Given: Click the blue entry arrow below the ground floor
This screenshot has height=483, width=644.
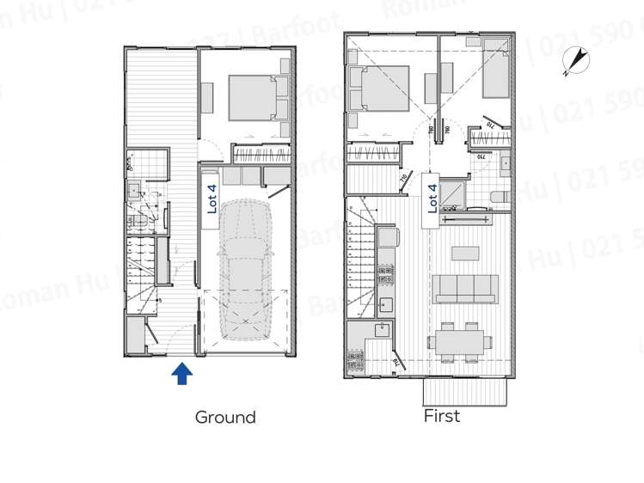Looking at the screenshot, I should (x=181, y=374).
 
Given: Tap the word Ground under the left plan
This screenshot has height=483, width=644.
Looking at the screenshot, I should (x=225, y=418).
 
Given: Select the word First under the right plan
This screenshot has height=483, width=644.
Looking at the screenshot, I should (x=442, y=416).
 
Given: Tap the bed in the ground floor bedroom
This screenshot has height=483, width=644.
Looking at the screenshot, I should (x=255, y=98).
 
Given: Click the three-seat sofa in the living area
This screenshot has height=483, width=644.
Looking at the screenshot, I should (x=465, y=289).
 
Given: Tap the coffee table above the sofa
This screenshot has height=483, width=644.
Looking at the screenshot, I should (x=465, y=253).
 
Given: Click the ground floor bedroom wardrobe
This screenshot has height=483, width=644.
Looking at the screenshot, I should (x=261, y=156).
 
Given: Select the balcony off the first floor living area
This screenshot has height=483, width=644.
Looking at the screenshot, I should (x=464, y=392).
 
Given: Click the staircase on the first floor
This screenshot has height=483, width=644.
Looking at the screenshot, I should (x=360, y=249).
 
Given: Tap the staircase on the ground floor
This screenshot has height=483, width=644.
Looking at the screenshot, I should (x=144, y=275).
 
